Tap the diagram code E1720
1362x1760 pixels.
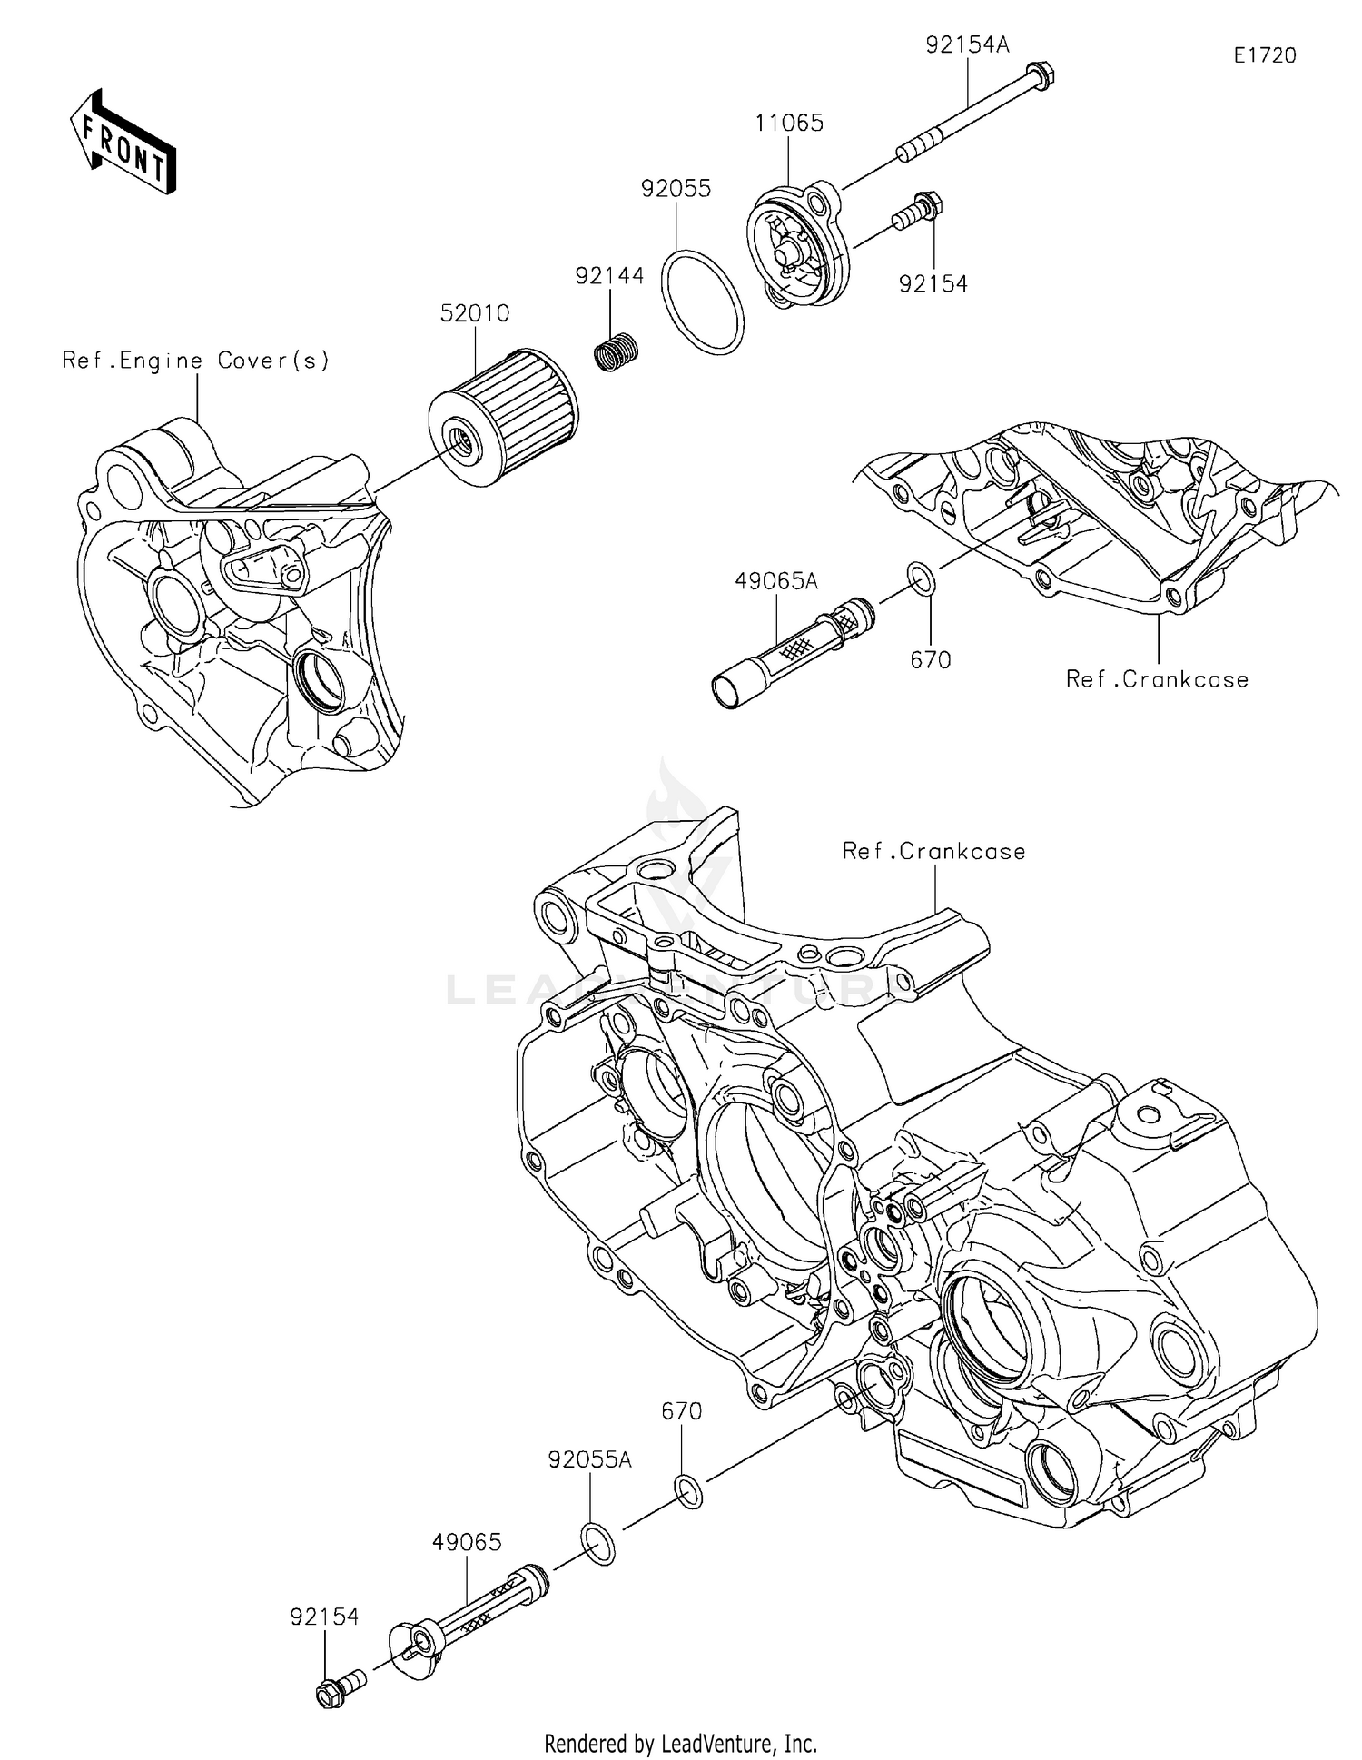1264,55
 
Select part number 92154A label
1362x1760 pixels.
967,44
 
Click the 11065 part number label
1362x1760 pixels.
789,123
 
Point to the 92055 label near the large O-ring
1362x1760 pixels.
676,188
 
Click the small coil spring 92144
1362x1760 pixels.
617,350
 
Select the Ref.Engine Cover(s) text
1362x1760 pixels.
196,361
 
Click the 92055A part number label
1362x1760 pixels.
589,1459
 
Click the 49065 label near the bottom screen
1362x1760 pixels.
467,1542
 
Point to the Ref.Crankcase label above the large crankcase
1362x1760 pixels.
933,851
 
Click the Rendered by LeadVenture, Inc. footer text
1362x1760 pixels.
680,1743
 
